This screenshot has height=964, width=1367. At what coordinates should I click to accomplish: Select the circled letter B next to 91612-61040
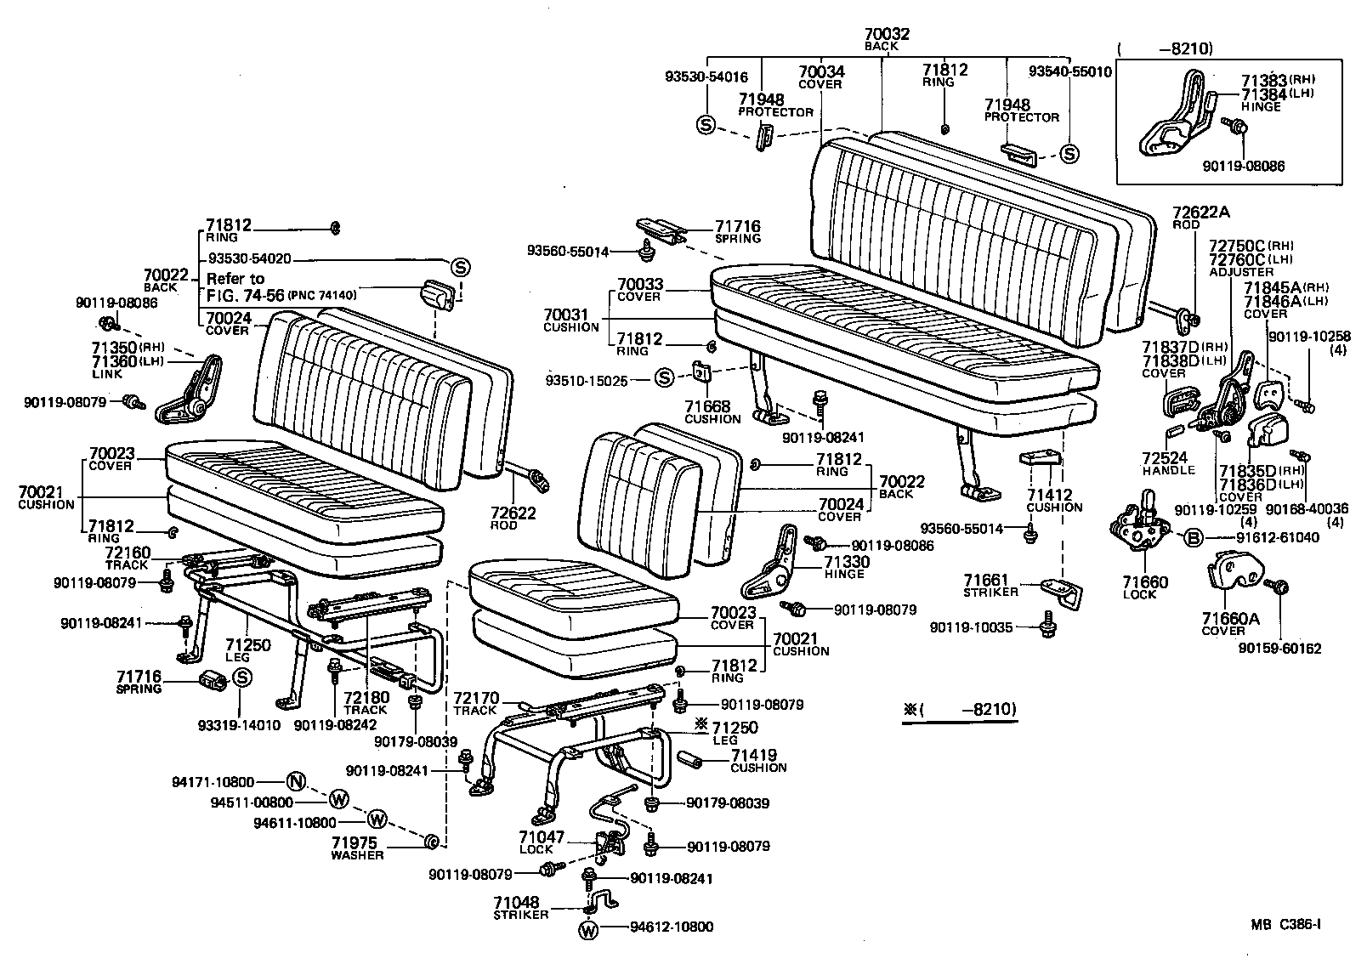[1193, 536]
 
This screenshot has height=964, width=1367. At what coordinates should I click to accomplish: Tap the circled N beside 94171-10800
[295, 780]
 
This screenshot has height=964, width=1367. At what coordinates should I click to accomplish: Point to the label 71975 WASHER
[357, 848]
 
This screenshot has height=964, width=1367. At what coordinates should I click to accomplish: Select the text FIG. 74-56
[244, 294]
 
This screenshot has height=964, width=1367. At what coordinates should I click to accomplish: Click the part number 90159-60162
[1280, 649]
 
